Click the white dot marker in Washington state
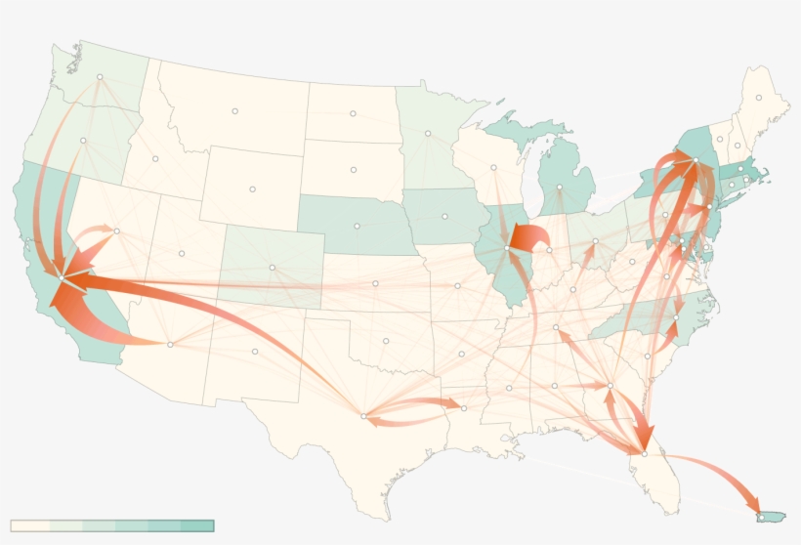100,76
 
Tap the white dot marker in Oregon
84,141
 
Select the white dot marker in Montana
235,110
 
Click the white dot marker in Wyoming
252,189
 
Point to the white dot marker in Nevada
116,231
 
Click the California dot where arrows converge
61,278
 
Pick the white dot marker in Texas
363,416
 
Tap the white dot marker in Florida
644,452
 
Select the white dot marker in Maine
758,98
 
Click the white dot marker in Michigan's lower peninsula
559,187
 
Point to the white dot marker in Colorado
273,268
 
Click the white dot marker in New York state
694,161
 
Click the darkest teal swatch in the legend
196,525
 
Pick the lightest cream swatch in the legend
29,525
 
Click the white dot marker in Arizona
170,344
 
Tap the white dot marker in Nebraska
357,226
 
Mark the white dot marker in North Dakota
353,113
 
